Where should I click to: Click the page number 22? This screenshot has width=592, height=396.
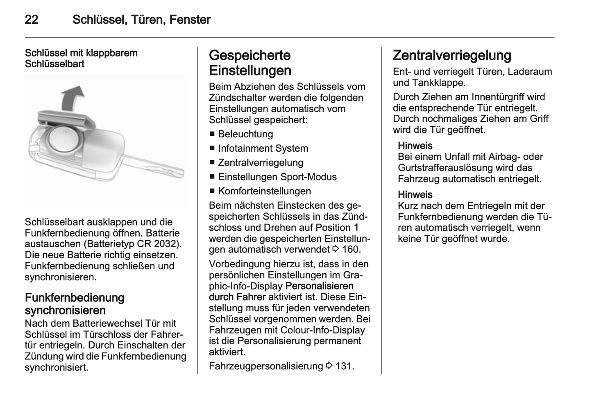pos(32,20)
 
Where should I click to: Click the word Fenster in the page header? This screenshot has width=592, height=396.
pos(190,20)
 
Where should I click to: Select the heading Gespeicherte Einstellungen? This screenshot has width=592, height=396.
pos(250,63)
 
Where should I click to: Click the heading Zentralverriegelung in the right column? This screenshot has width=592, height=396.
pos(452,55)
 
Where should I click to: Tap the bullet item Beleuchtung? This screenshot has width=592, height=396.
pos(245,134)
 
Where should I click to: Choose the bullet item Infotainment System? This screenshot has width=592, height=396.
pos(263,148)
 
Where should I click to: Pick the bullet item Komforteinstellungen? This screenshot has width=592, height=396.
pos(264,191)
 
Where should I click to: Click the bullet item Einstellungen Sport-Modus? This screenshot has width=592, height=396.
pos(277,177)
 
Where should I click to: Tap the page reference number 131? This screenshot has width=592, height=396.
pos(345,366)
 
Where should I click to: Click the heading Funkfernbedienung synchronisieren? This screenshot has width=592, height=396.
pos(75,304)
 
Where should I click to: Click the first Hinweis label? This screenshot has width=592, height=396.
pos(415,146)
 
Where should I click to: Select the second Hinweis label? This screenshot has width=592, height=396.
pos(415,195)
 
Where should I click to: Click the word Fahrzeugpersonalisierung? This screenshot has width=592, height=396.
pos(266,366)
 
